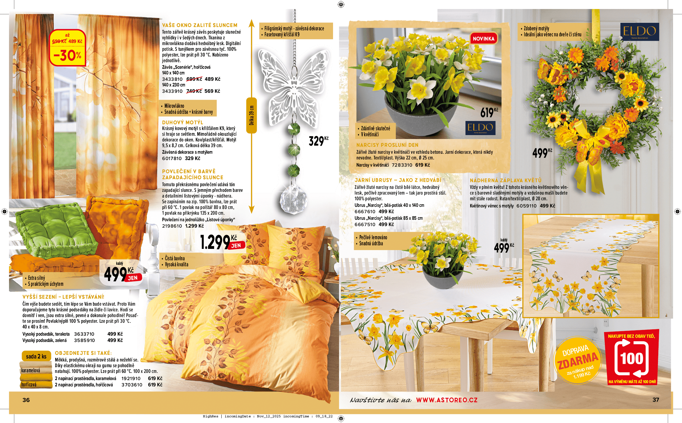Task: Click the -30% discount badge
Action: click(x=67, y=48)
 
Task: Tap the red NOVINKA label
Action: click(x=483, y=39)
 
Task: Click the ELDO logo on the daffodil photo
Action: click(x=480, y=128)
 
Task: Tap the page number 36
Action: click(x=26, y=400)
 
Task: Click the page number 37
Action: click(x=656, y=400)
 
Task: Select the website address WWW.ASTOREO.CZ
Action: click(x=447, y=400)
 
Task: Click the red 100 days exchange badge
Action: click(x=632, y=358)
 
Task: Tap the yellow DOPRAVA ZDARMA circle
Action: click(x=577, y=360)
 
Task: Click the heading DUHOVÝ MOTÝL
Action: click(x=183, y=122)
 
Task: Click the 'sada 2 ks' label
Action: click(x=36, y=356)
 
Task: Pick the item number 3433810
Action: click(x=172, y=79)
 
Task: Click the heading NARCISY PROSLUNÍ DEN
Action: click(x=387, y=145)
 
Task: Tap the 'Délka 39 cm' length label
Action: click(x=252, y=115)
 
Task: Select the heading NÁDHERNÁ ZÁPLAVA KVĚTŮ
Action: click(x=505, y=180)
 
